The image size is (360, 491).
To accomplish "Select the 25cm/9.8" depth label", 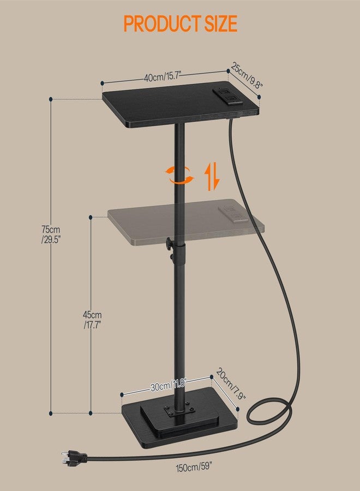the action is pos(247,75).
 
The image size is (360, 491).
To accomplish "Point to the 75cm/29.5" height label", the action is pos(51,235).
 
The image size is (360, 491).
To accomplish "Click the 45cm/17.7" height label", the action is pos(92,320).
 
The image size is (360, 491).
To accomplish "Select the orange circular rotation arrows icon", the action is pos(179,175).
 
